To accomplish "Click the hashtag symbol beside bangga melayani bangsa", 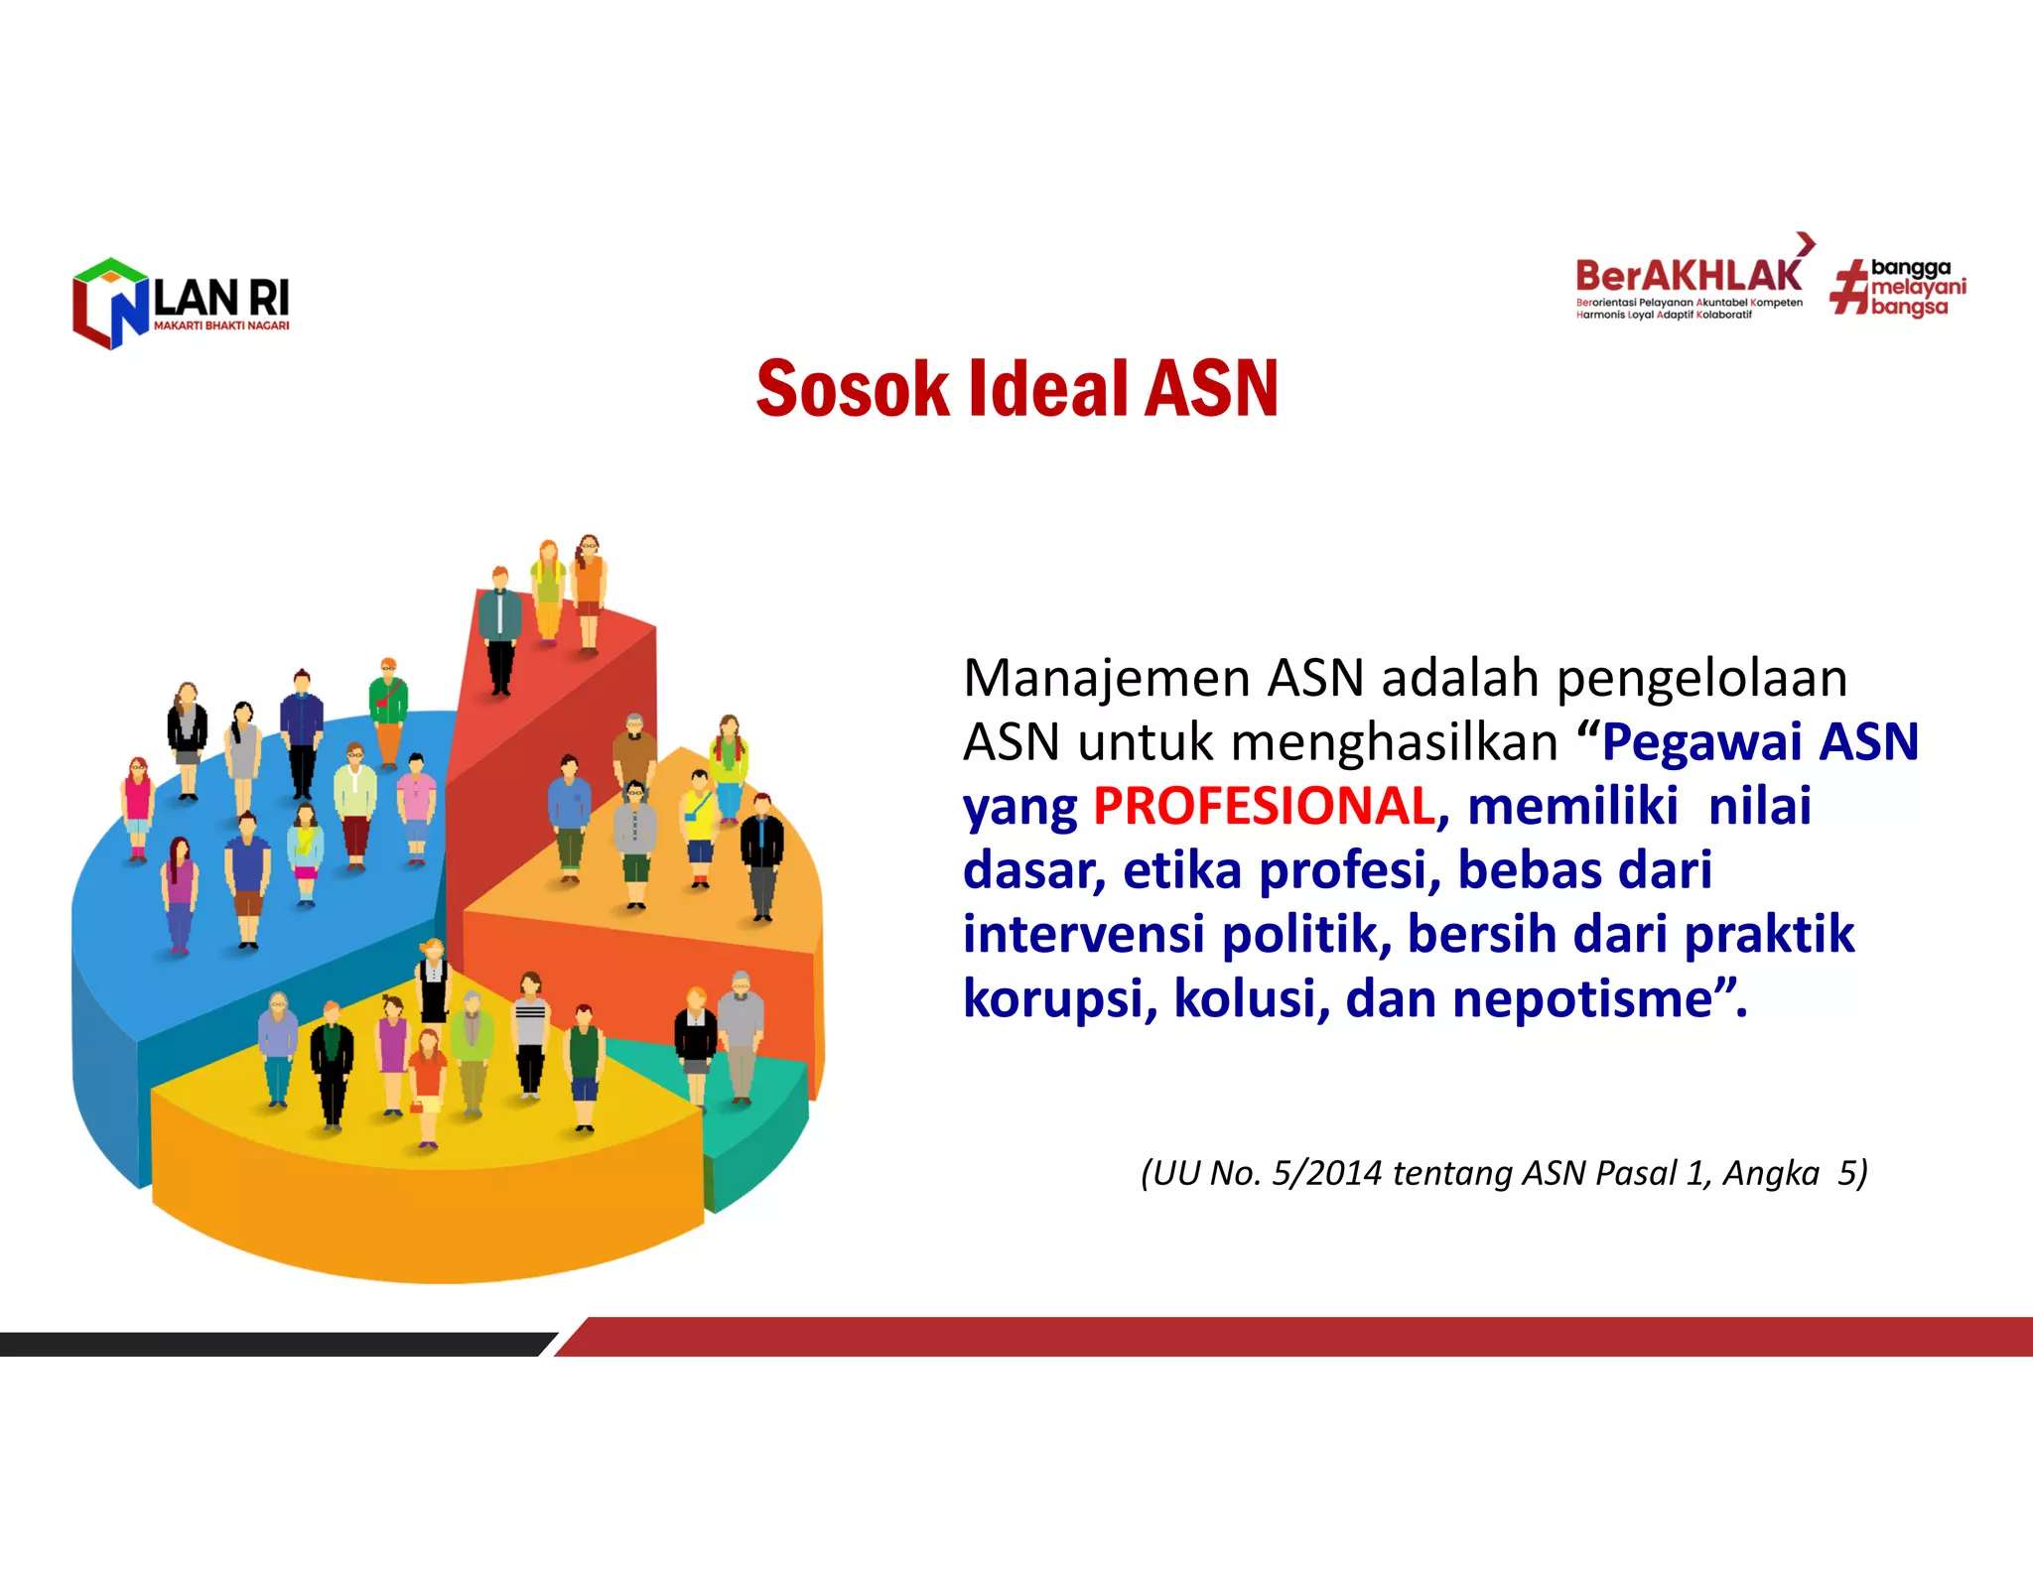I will (1848, 287).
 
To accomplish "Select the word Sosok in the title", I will (852, 389).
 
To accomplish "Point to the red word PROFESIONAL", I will (1264, 806).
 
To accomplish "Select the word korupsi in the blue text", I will (1059, 998).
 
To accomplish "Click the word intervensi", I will (1083, 934).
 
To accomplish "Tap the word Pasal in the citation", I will (1638, 1173).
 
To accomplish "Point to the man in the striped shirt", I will (530, 1032).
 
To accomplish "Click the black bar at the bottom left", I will (268, 1344).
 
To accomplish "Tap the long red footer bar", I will (1290, 1336).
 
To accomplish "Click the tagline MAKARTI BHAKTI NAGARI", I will (221, 326).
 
